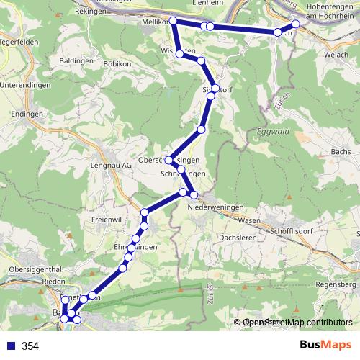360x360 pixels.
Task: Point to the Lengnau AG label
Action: click(x=110, y=164)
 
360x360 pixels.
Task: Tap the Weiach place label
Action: click(x=335, y=55)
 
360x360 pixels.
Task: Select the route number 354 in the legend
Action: click(x=30, y=346)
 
